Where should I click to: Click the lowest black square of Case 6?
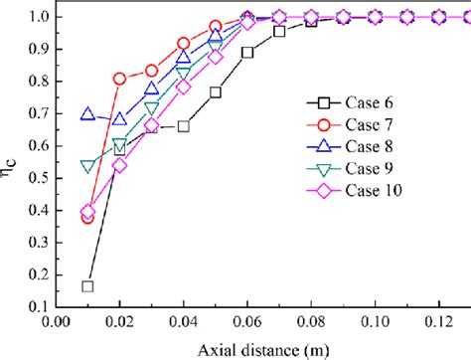[x=87, y=286]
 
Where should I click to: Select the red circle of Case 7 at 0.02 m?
[x=120, y=78]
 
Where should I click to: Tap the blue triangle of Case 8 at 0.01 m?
[x=87, y=114]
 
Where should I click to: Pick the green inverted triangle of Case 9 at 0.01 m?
[x=87, y=166]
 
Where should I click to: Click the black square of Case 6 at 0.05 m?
[x=216, y=92]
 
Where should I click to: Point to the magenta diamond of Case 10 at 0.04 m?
[x=184, y=87]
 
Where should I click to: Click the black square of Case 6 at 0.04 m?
[x=184, y=126]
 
